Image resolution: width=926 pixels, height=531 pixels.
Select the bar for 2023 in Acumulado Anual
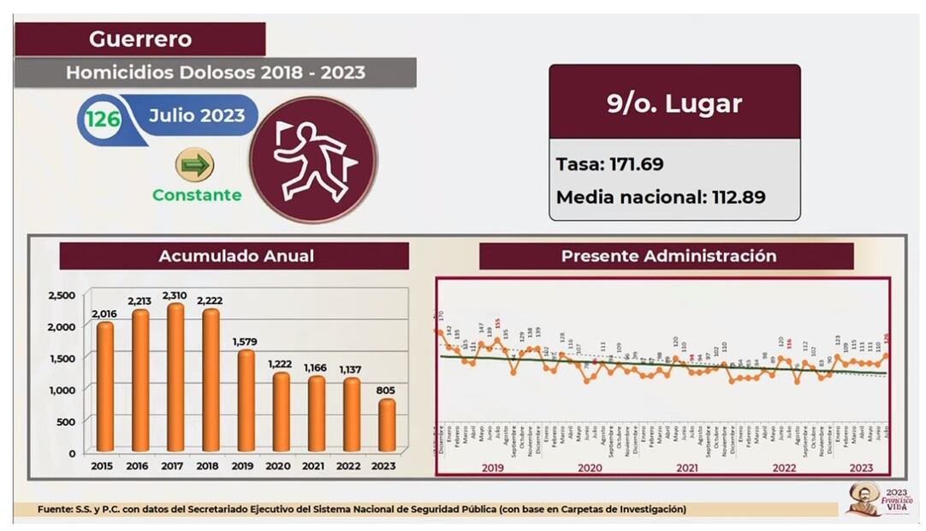(x=386, y=425)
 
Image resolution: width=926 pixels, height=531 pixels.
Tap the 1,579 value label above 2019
(x=245, y=343)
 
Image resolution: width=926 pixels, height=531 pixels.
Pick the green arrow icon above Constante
(x=194, y=164)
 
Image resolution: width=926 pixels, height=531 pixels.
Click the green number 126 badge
(x=103, y=119)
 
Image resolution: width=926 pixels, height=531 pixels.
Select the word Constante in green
(x=197, y=195)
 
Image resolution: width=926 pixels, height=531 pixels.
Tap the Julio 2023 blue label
(x=197, y=116)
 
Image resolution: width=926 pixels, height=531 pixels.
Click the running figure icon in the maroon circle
(x=313, y=160)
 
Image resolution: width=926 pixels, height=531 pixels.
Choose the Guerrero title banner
(x=140, y=39)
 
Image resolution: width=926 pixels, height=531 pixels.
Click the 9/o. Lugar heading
(x=674, y=104)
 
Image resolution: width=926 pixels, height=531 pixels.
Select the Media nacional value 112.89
(x=739, y=198)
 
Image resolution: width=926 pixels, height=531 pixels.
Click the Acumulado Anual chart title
(x=235, y=256)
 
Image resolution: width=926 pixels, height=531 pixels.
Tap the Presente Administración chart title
(x=668, y=256)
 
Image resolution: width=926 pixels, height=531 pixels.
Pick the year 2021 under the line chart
(x=686, y=468)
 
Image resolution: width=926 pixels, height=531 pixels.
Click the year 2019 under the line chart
(x=491, y=468)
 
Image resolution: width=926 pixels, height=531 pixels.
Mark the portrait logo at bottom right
(x=864, y=498)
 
